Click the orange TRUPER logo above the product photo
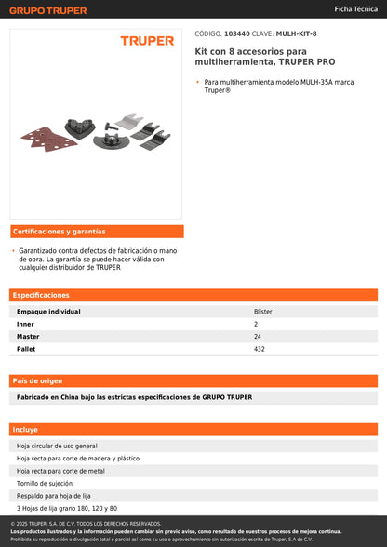[147, 41]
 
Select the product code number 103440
[236, 33]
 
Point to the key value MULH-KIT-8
[296, 33]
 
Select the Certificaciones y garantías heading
[60, 231]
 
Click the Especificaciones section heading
[42, 295]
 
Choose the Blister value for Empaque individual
[263, 312]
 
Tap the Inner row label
[26, 324]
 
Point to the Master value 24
[258, 336]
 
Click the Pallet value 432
[260, 349]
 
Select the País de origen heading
[38, 380]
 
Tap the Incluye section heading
[26, 430]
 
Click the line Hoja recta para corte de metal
[60, 471]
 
